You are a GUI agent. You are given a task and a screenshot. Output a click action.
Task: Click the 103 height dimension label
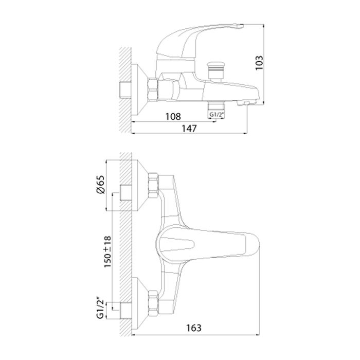259,63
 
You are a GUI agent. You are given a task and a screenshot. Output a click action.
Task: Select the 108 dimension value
173,117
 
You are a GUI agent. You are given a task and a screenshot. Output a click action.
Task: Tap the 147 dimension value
189,129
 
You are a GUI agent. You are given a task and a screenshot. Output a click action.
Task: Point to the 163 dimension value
194,328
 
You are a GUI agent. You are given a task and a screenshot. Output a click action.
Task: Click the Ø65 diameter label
101,185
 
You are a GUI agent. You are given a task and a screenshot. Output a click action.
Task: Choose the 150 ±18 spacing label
107,251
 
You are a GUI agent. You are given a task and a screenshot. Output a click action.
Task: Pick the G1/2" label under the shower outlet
216,115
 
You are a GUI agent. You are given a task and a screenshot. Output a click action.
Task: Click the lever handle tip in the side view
239,26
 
